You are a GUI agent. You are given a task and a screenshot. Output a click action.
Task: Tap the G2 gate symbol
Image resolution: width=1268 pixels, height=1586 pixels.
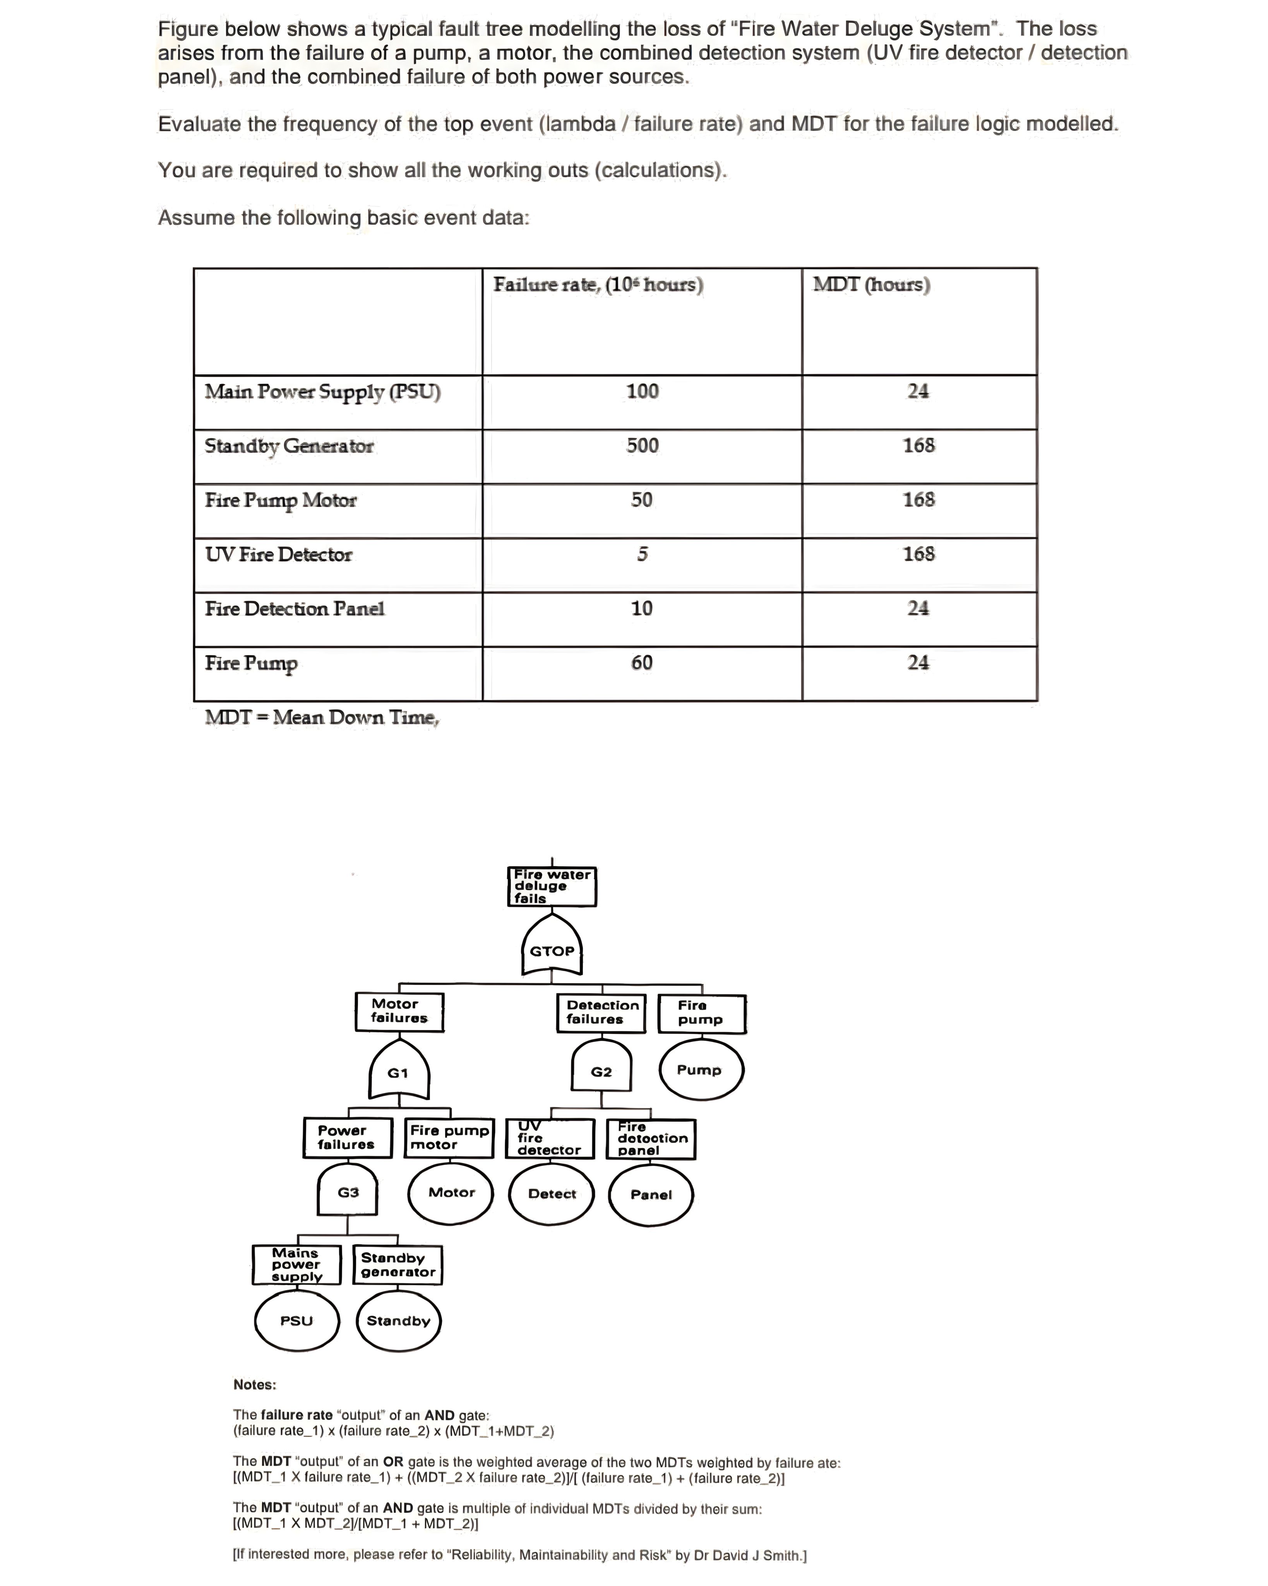(x=601, y=1071)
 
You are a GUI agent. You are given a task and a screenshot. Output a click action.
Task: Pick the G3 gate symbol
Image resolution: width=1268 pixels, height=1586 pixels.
(x=348, y=1192)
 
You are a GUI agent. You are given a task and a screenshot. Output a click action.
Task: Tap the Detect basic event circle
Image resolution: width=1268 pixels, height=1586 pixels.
(x=552, y=1193)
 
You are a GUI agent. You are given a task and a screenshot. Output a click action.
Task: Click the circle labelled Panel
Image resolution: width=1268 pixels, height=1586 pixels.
(x=651, y=1194)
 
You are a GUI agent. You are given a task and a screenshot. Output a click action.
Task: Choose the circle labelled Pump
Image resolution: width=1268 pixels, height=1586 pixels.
(x=699, y=1069)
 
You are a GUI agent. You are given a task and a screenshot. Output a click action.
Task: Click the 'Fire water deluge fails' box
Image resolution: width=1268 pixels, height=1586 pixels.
(x=552, y=886)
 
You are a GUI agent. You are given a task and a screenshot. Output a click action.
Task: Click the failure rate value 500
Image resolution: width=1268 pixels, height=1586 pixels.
(x=642, y=446)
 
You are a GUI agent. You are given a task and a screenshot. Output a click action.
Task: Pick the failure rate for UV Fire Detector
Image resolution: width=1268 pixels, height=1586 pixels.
(x=642, y=554)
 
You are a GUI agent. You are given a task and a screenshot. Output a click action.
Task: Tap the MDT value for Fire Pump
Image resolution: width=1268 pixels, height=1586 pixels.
(x=918, y=663)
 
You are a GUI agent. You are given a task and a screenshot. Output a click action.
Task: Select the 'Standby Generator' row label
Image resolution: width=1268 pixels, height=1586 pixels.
(x=289, y=446)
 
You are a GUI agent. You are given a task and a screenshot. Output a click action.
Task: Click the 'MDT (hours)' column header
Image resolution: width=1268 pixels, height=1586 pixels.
(x=872, y=285)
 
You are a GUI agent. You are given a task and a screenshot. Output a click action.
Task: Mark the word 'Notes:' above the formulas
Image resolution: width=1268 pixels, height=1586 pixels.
(x=254, y=1384)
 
